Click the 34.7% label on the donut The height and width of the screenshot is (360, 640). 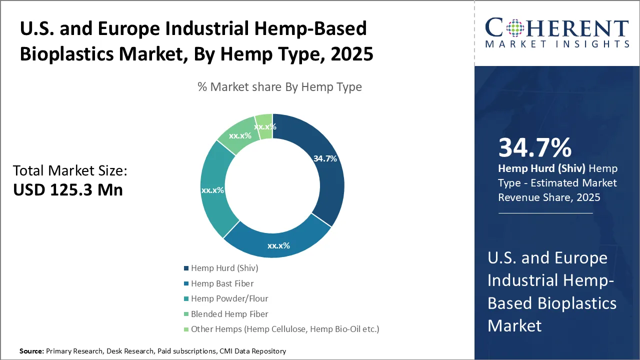(325, 159)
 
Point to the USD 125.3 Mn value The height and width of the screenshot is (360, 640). (68, 189)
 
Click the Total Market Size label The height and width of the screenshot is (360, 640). (70, 171)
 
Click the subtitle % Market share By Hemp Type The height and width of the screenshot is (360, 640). (279, 87)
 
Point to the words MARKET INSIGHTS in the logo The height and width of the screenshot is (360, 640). (556, 44)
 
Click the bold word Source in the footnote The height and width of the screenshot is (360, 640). (31, 351)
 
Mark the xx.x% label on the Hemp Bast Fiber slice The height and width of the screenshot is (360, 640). (278, 245)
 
